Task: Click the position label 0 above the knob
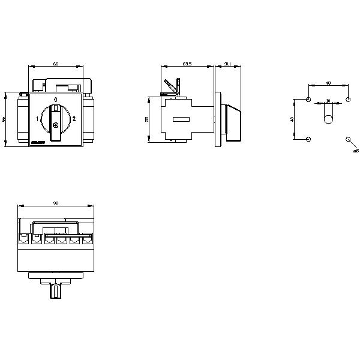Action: [x=55, y=98]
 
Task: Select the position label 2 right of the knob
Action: [x=74, y=119]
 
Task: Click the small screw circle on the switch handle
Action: [x=55, y=125]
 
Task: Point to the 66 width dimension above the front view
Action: [x=55, y=63]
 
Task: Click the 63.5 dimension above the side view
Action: [x=187, y=63]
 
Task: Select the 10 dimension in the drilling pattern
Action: [x=328, y=100]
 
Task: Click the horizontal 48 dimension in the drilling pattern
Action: [x=328, y=83]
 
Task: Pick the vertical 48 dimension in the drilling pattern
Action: [x=292, y=119]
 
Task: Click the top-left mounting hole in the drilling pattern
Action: [x=308, y=99]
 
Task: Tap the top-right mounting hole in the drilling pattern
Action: [x=347, y=99]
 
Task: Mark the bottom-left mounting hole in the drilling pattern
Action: [x=308, y=139]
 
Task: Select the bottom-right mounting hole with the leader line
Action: [x=347, y=139]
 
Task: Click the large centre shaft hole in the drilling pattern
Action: [x=328, y=119]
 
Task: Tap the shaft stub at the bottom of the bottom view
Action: [x=55, y=291]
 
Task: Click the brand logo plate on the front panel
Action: [x=38, y=141]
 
